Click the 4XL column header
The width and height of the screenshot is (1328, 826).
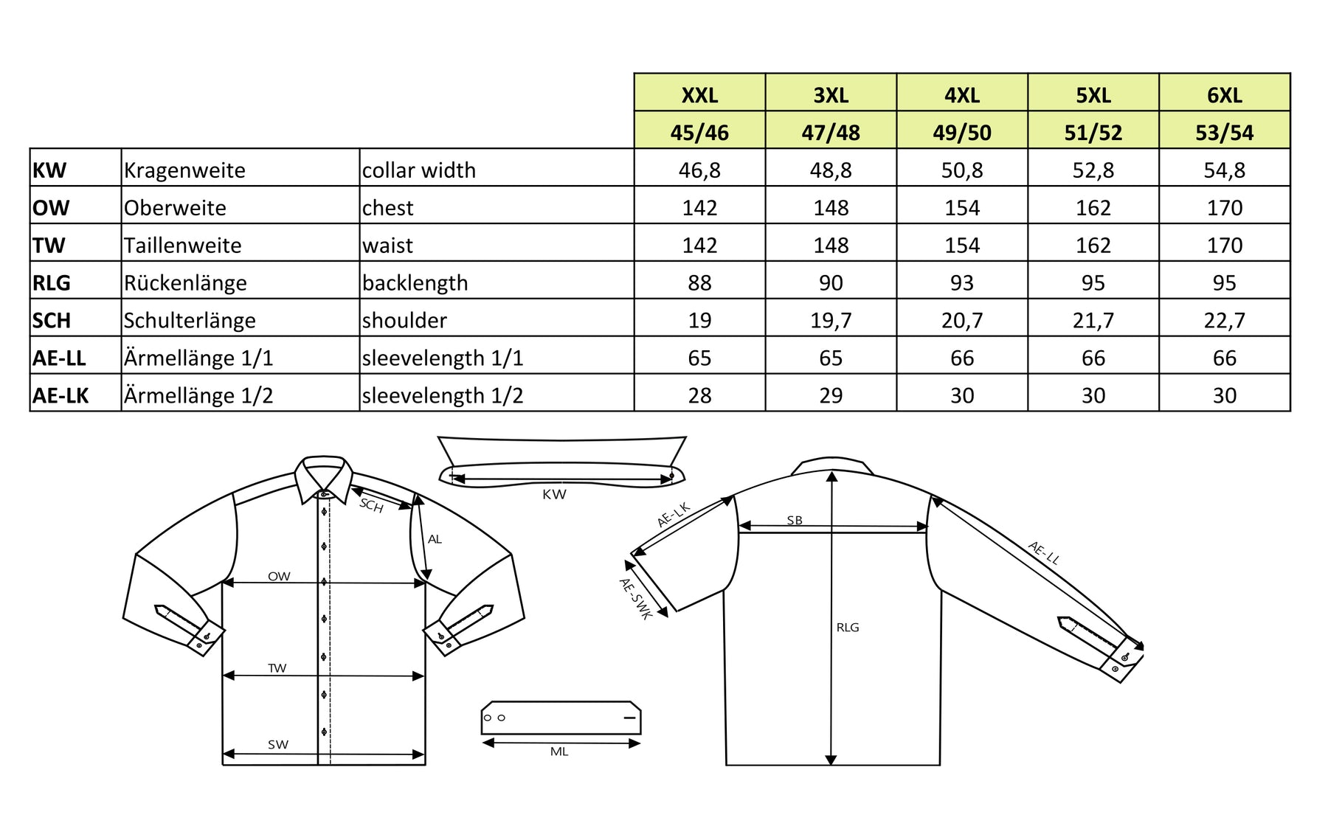coord(962,95)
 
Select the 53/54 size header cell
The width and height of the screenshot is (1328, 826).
coord(1224,133)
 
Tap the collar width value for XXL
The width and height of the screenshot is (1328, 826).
coord(699,170)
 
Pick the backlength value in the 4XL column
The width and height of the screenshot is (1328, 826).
coord(962,283)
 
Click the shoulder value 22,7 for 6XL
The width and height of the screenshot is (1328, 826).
coord(1224,321)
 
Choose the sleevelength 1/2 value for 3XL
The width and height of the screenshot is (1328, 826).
coord(831,396)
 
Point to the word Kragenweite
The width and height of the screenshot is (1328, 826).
coord(184,170)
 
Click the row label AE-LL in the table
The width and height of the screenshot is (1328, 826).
coord(59,358)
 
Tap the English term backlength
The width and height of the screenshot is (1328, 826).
coord(415,283)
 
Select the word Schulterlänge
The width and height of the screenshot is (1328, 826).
coord(190,321)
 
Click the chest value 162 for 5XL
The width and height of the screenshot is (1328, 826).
coord(1093,208)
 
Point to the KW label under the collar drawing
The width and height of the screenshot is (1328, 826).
coord(554,495)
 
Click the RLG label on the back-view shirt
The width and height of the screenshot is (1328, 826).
coord(848,628)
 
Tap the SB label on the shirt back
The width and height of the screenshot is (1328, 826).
coord(795,520)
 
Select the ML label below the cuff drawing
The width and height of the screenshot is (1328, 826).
coord(559,752)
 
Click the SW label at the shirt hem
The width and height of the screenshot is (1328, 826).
coord(278,745)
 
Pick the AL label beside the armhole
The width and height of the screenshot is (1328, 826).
coord(435,539)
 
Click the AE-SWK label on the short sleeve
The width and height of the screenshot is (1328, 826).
coord(635,598)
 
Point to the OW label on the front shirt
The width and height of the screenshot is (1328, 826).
coord(279,576)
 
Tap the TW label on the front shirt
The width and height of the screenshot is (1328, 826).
coord(277,668)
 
